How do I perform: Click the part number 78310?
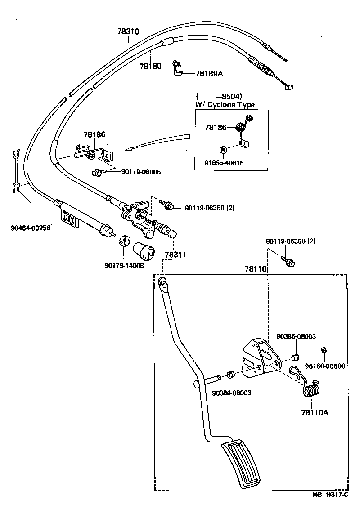(128, 32)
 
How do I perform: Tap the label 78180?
(150, 66)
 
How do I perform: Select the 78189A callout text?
(209, 73)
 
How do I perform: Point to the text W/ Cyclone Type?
(225, 105)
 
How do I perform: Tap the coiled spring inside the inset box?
(243, 125)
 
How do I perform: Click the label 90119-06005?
(141, 172)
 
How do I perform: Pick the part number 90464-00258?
(31, 228)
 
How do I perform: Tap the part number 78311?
(175, 255)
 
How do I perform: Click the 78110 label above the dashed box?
(256, 269)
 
